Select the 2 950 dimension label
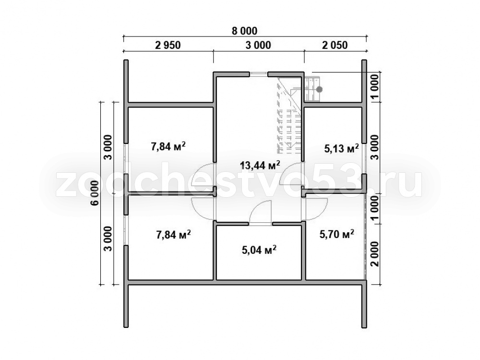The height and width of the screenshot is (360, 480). [x=168, y=45]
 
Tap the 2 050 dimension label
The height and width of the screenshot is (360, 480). [x=335, y=45]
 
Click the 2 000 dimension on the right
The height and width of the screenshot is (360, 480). [x=375, y=254]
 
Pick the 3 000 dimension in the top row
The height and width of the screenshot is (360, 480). [x=258, y=45]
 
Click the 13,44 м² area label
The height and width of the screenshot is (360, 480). [x=260, y=166]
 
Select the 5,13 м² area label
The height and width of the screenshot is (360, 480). [x=341, y=149]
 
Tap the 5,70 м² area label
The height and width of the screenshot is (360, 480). [x=337, y=235]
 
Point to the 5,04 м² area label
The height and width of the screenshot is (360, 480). [x=259, y=250]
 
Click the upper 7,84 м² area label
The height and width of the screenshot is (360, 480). [x=168, y=146]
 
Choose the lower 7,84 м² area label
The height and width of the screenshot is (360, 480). [x=174, y=235]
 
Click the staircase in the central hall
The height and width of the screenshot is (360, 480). [x=289, y=116]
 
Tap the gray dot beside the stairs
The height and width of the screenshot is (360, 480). [x=319, y=89]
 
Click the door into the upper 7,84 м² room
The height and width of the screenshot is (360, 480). [x=203, y=175]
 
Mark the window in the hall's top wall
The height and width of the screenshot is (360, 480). [x=258, y=73]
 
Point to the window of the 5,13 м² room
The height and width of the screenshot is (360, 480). [x=364, y=158]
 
